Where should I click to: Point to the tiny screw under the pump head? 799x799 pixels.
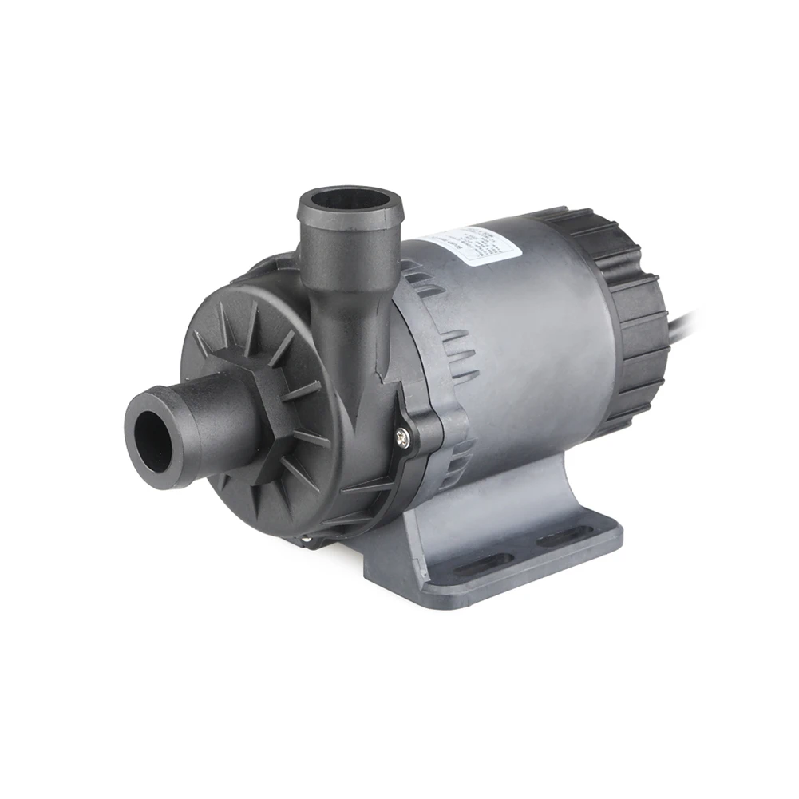307,542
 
